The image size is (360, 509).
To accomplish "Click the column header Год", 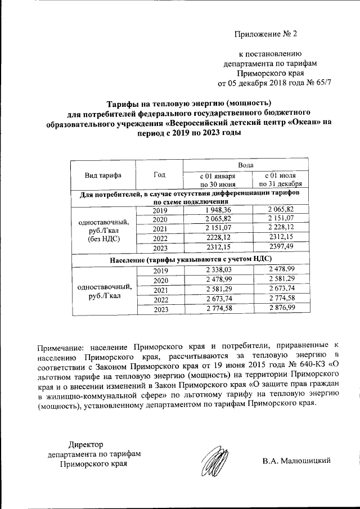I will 159,175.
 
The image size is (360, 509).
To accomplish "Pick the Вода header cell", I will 246,165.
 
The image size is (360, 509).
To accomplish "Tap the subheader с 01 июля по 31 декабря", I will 280,179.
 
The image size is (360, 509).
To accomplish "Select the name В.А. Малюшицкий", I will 296,462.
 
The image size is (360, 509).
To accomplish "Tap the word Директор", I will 85,444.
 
